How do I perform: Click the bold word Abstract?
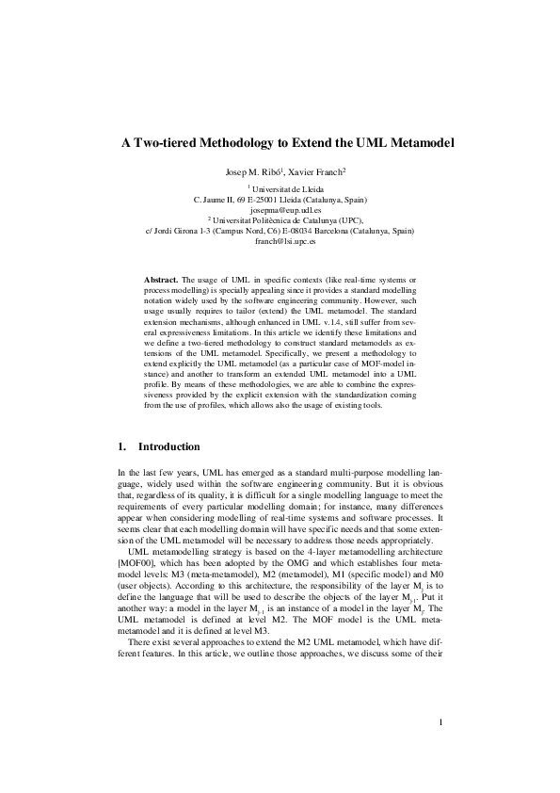point(161,282)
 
